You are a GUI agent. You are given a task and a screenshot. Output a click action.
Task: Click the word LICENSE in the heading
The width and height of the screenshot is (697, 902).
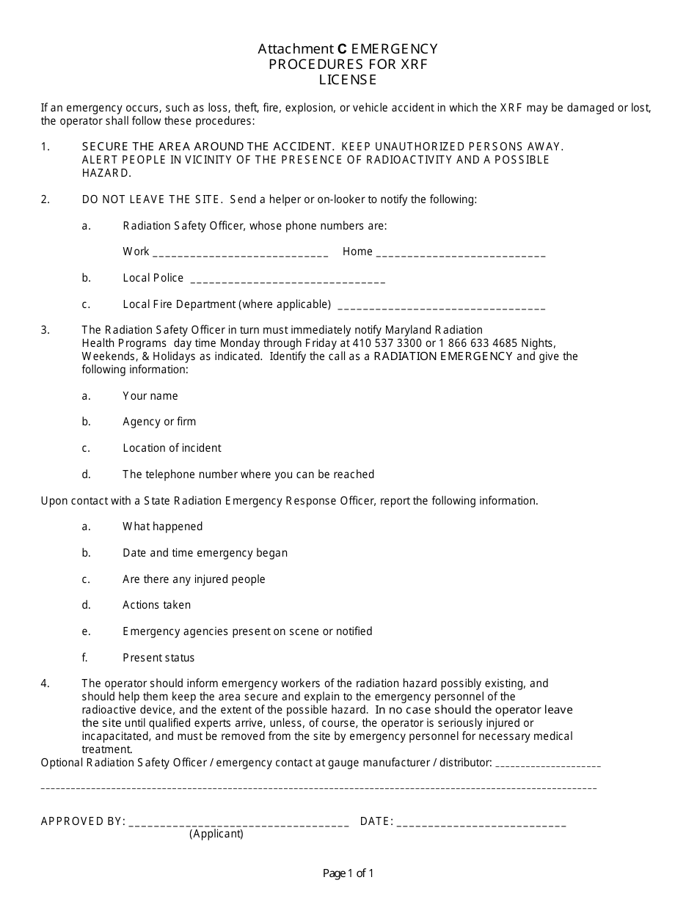point(348,79)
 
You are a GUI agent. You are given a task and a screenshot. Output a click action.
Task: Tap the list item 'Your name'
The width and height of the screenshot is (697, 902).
point(150,396)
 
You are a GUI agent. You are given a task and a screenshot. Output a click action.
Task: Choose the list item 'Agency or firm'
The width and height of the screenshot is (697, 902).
point(159,422)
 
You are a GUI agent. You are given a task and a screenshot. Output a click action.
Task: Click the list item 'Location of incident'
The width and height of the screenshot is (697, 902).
point(172,448)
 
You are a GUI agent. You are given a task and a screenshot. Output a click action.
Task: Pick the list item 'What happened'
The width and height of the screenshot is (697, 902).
point(162,527)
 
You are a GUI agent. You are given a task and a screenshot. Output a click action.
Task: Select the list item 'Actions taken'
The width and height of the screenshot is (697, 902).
point(156,605)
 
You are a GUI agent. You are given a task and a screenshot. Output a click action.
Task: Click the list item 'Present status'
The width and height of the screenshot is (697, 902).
point(158,658)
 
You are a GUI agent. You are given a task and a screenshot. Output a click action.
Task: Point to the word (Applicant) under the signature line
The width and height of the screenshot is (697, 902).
point(216,834)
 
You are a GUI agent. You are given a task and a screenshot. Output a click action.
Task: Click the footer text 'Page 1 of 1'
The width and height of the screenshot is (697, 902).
point(348,873)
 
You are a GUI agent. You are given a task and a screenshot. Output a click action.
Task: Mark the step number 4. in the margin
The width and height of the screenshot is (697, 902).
point(45,683)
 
